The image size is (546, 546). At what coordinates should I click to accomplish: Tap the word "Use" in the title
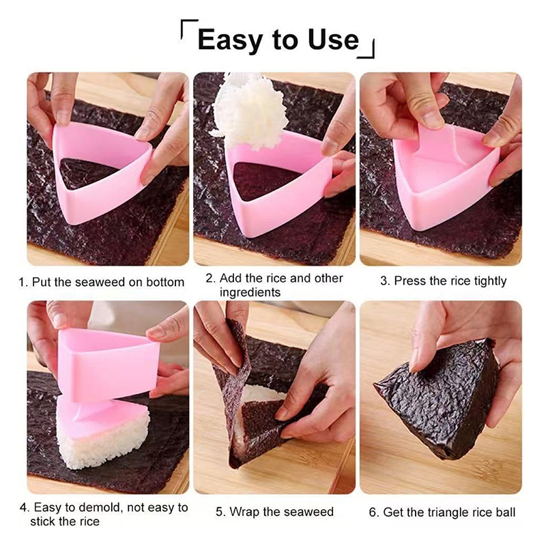tap(333, 40)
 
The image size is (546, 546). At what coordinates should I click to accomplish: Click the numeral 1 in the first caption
tap(23, 282)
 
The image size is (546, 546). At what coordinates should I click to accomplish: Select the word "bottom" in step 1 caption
tap(164, 282)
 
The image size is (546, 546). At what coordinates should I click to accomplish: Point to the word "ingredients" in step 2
tap(250, 292)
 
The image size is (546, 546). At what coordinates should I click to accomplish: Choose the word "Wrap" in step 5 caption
tap(245, 512)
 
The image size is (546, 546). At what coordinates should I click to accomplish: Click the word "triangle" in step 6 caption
tap(448, 513)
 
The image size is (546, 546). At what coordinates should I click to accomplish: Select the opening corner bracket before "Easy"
tap(189, 29)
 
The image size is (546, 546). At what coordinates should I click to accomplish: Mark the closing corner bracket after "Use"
tap(367, 48)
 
